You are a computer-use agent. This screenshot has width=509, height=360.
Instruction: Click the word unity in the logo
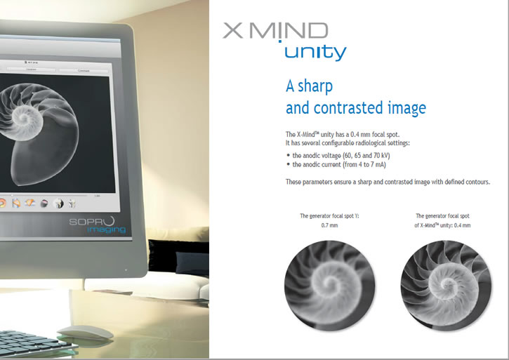315,53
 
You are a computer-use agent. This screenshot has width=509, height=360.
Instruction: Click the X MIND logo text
275,31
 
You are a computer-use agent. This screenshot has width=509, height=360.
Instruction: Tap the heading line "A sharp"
309,86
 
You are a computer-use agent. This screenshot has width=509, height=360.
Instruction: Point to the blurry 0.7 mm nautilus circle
329,286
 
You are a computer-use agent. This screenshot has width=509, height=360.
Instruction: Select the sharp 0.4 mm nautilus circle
446,286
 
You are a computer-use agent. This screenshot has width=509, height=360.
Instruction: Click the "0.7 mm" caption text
329,225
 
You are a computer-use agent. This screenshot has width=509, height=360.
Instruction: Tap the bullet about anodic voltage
338,156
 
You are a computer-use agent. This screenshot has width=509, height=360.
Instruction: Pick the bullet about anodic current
336,165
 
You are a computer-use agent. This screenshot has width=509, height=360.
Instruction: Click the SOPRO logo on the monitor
92,221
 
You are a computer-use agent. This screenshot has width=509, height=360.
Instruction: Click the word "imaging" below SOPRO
106,230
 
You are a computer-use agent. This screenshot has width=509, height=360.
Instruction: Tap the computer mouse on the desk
86,333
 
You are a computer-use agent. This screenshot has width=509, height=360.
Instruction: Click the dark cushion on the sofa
192,263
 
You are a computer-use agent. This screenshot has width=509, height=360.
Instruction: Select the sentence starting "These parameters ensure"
388,182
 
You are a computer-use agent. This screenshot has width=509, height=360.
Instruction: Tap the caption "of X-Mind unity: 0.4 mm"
442,225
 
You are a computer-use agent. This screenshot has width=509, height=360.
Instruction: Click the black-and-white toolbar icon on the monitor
58,204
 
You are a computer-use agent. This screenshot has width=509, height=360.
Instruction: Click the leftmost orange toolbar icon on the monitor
2,204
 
